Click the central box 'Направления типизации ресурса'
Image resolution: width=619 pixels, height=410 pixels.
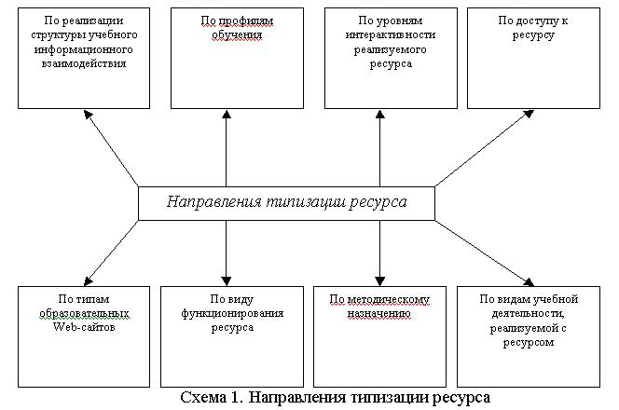click(x=286, y=202)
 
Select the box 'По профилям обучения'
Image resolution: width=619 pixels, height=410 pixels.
click(x=227, y=61)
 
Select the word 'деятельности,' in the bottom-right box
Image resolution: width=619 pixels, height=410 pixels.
click(x=529, y=314)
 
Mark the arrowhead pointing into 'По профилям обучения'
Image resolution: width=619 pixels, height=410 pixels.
click(x=227, y=113)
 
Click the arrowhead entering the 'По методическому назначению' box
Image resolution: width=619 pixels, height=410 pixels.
click(x=379, y=279)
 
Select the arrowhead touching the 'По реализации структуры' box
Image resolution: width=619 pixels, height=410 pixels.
click(x=85, y=114)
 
